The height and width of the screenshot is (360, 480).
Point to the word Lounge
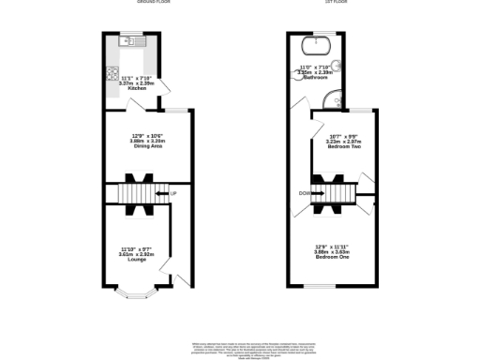(135, 259)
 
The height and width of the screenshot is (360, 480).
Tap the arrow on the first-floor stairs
(313, 194)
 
